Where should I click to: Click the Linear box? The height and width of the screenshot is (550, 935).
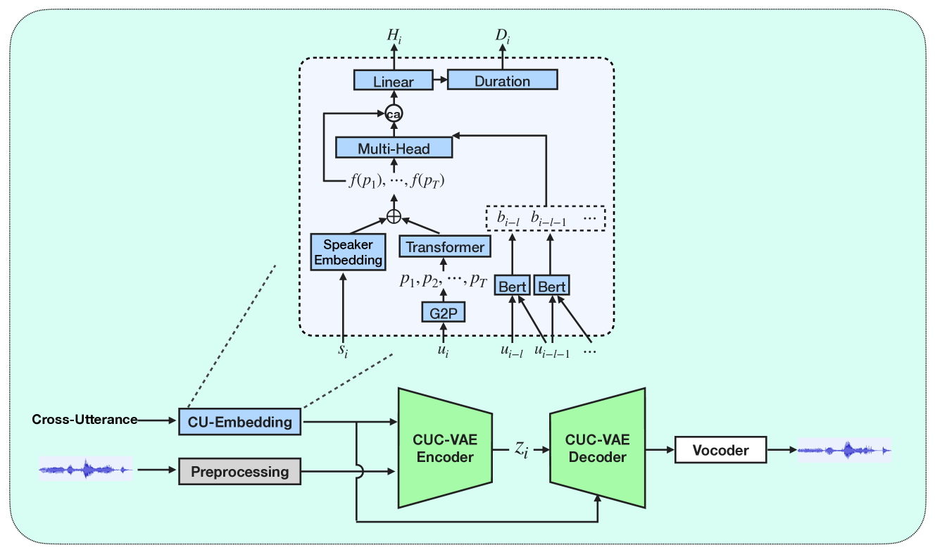[x=393, y=81]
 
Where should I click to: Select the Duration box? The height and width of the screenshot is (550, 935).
[x=502, y=80]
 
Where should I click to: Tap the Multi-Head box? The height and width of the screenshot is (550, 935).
[x=393, y=149]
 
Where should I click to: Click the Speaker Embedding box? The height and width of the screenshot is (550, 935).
[x=348, y=252]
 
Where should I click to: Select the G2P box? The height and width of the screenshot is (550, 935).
[x=443, y=311]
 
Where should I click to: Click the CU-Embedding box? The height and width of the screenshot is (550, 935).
[x=239, y=422]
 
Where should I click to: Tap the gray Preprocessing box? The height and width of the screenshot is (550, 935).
[x=239, y=470]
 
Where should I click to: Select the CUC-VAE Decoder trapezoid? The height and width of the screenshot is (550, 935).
[x=598, y=448]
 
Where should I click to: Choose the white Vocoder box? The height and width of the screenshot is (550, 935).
[x=720, y=449]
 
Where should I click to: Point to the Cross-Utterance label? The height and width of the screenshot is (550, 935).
[x=84, y=420]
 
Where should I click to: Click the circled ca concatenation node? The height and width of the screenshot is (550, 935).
[x=393, y=113]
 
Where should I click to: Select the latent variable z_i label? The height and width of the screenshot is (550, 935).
[x=520, y=448]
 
